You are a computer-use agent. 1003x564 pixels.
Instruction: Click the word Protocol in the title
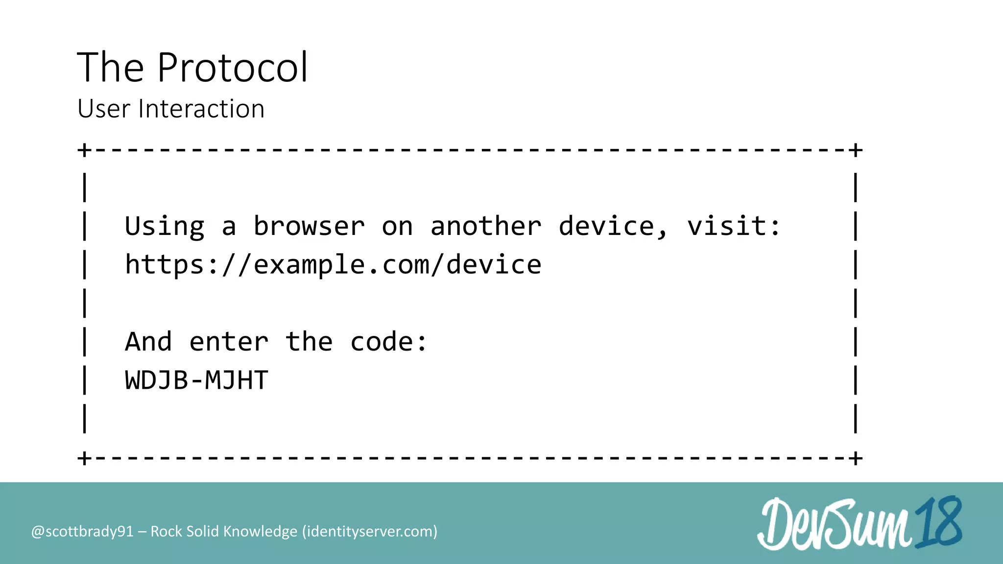(x=232, y=68)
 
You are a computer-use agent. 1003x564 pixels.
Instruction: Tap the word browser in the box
(x=309, y=226)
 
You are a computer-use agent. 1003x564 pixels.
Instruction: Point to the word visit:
(x=733, y=226)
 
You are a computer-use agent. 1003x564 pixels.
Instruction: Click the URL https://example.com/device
(x=333, y=265)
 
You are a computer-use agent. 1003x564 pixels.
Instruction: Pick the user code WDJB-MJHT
(x=196, y=380)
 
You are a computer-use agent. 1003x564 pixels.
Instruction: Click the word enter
(x=229, y=342)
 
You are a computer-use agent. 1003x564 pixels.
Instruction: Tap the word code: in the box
(x=389, y=342)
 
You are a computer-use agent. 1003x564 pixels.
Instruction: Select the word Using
(x=165, y=227)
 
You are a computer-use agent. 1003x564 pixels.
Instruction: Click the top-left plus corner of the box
(x=84, y=150)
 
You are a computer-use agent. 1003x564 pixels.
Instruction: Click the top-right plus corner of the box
(x=856, y=150)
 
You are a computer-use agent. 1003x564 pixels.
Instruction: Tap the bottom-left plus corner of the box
(x=84, y=459)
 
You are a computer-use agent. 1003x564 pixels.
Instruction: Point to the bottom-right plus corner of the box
(x=856, y=459)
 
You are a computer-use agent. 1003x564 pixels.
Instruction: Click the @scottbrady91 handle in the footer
(x=82, y=532)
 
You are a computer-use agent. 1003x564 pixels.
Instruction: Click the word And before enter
(x=148, y=342)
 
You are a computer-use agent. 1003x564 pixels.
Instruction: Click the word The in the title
(x=111, y=68)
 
